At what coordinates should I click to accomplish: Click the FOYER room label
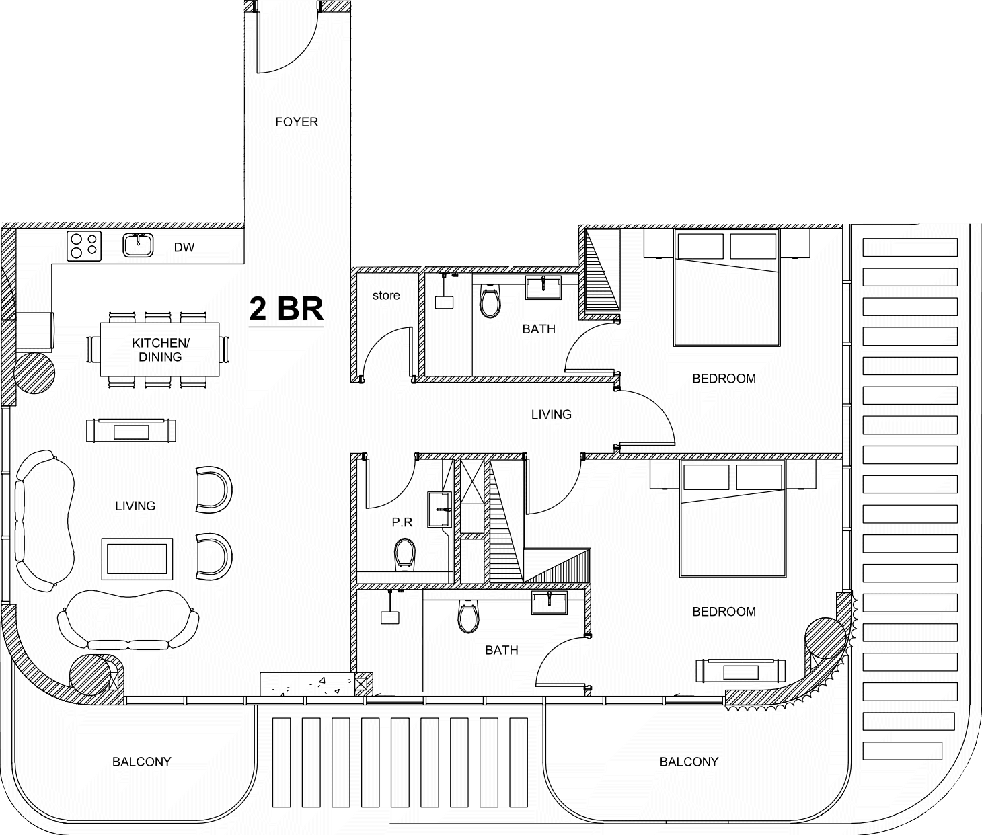click(x=297, y=122)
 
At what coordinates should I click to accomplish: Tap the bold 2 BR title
click(x=286, y=309)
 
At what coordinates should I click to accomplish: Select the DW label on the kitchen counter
click(x=184, y=247)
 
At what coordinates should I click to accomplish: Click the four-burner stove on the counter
click(x=84, y=245)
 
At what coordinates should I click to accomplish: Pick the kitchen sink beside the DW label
click(x=139, y=245)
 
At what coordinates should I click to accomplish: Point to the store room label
click(x=386, y=295)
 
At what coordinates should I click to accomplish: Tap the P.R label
click(x=402, y=522)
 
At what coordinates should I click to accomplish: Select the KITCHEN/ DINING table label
click(x=161, y=350)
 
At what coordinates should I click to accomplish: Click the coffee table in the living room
click(x=137, y=559)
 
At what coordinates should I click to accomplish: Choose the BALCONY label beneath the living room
click(x=141, y=762)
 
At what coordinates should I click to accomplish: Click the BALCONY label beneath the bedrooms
click(x=689, y=762)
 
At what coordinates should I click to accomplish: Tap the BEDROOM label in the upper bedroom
click(x=724, y=379)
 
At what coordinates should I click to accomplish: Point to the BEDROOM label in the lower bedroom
click(x=724, y=611)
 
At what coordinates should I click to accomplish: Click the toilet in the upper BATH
click(x=490, y=301)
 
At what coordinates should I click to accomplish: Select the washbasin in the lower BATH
click(x=550, y=603)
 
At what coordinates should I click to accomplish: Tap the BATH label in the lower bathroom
click(x=502, y=650)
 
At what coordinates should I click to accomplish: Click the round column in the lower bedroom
click(x=826, y=638)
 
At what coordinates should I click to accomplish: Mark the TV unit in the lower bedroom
click(x=741, y=671)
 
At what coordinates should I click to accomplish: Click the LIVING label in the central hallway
click(x=551, y=415)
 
